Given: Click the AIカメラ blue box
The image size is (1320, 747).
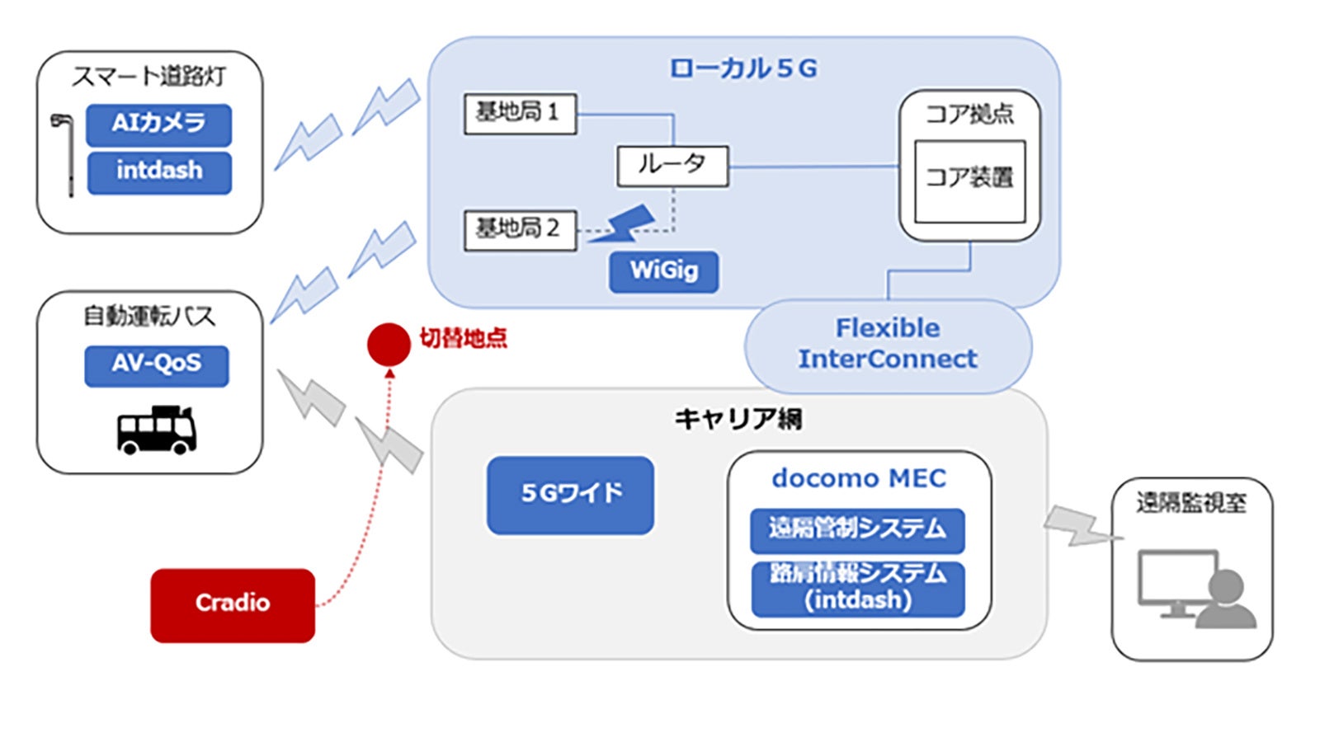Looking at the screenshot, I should click(x=158, y=124).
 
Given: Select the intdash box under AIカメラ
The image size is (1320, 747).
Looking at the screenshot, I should click(x=158, y=171).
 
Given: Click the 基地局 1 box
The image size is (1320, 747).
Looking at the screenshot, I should click(x=519, y=113).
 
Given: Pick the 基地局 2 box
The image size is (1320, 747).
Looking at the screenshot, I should click(x=519, y=229).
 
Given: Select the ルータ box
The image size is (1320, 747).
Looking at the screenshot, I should click(x=672, y=166).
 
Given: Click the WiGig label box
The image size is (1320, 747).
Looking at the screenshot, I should click(x=663, y=271).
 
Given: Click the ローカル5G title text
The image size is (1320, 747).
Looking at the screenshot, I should click(x=742, y=68).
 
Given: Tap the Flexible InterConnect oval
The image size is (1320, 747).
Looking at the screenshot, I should click(x=888, y=345).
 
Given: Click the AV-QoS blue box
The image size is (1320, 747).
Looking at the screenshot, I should click(x=156, y=365).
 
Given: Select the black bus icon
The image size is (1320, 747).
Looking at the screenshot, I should click(x=156, y=430).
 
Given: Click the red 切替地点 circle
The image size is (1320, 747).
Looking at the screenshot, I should click(x=389, y=344).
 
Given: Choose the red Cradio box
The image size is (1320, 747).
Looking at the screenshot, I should click(x=233, y=604).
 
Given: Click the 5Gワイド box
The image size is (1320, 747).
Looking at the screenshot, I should click(x=570, y=495).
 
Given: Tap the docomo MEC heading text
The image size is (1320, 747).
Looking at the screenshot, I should click(x=858, y=478).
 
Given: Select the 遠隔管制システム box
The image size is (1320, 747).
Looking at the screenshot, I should click(x=857, y=529).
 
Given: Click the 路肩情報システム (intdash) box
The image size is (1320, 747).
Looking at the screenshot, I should click(x=857, y=588).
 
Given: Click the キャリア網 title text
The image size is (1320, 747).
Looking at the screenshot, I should click(x=738, y=420).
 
